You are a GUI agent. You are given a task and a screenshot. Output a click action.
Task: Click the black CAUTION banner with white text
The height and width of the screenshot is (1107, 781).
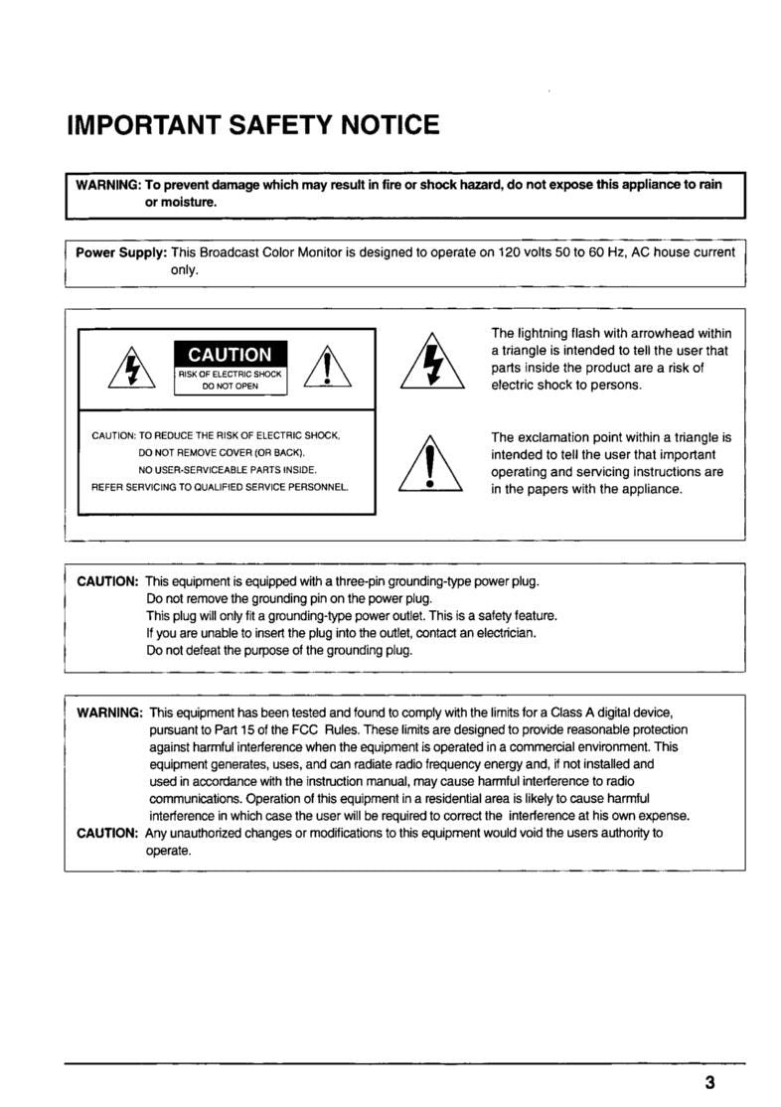(230, 355)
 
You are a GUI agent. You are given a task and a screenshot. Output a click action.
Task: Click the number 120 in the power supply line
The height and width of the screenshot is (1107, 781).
(510, 252)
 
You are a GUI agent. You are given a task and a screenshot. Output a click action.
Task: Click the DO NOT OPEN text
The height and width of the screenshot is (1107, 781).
(230, 388)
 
